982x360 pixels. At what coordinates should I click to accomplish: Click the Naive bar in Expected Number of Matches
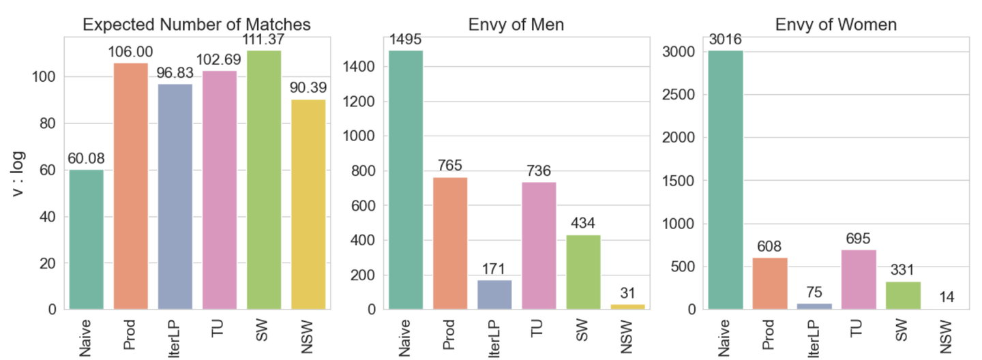point(87,239)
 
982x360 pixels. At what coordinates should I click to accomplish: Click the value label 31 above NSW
point(627,294)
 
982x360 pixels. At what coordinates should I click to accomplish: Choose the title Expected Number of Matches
point(196,25)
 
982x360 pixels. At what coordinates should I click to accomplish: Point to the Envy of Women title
point(836,25)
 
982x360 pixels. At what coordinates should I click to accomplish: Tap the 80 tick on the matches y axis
point(48,123)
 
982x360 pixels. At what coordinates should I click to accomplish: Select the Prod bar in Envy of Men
point(450,243)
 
